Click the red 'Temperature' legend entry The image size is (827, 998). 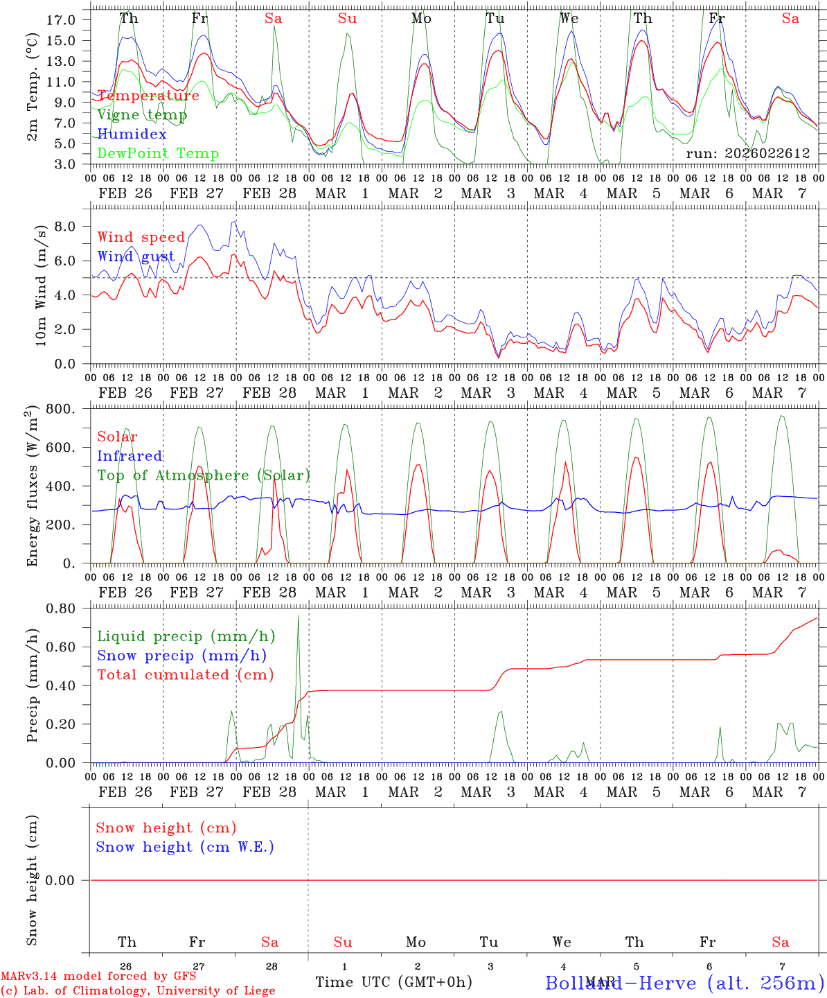(x=148, y=96)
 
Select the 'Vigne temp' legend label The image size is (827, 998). (x=142, y=115)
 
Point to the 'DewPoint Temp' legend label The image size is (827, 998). (x=158, y=153)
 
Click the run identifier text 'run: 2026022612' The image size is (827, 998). (x=747, y=153)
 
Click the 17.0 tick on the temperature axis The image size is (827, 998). (x=69, y=19)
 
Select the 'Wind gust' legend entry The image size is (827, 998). (x=136, y=256)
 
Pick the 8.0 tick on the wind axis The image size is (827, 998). (x=73, y=226)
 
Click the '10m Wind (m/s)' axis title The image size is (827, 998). (x=41, y=286)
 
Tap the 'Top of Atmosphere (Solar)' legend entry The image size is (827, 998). (x=204, y=475)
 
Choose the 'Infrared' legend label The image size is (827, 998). (x=130, y=456)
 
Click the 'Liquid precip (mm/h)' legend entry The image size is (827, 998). (x=186, y=636)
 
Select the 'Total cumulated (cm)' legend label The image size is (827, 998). (x=186, y=674)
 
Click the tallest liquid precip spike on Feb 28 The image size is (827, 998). (x=299, y=617)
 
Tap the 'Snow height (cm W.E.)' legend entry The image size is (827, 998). (x=185, y=847)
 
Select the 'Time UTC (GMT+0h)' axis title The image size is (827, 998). (x=393, y=982)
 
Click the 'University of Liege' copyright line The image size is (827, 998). (x=138, y=991)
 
